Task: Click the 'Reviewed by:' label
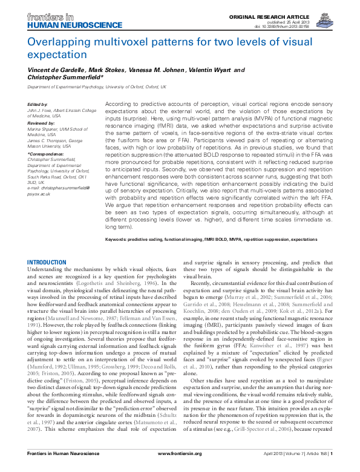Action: (x=39, y=122)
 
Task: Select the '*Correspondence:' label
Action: (x=45, y=154)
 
